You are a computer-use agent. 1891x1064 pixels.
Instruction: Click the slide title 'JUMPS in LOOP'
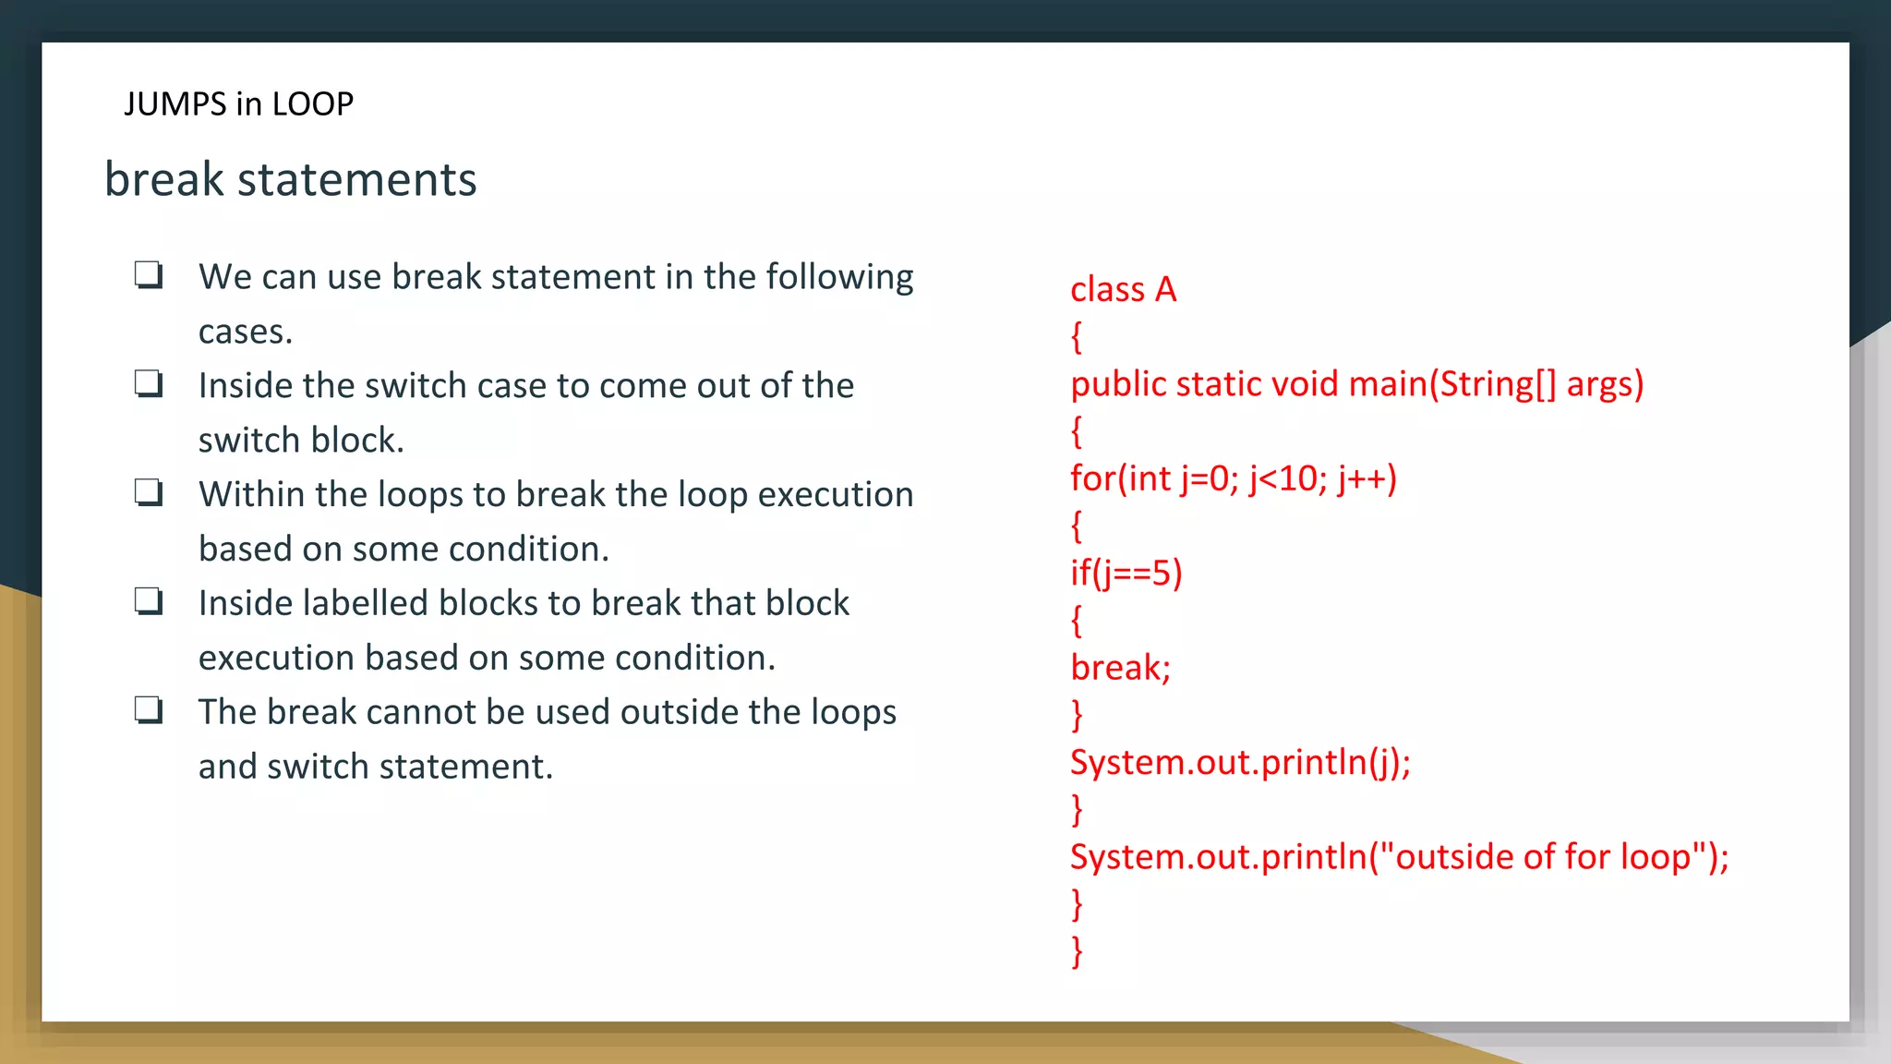point(239,103)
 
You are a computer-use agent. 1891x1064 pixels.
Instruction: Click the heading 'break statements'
point(291,179)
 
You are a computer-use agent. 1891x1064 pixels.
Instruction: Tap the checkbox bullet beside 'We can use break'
point(149,275)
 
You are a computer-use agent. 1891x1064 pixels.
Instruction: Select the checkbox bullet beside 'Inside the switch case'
point(149,384)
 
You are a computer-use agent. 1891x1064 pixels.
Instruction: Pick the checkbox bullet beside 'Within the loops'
point(149,493)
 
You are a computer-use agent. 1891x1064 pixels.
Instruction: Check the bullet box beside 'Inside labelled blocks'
point(149,602)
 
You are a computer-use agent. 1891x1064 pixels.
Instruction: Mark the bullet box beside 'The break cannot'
point(149,711)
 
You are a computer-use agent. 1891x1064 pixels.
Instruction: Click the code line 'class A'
point(1123,290)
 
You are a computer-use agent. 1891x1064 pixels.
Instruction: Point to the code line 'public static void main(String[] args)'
point(1356,384)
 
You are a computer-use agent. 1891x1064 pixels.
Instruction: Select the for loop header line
point(1233,478)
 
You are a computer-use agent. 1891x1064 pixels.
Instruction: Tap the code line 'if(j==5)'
point(1126,574)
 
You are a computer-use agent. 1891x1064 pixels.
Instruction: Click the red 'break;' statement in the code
point(1120,668)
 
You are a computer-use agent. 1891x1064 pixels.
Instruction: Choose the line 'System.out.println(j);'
point(1240,763)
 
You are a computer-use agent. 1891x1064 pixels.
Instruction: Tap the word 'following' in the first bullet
point(839,277)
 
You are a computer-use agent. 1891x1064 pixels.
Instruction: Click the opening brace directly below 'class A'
point(1077,337)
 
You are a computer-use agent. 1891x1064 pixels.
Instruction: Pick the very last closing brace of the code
point(1077,951)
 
